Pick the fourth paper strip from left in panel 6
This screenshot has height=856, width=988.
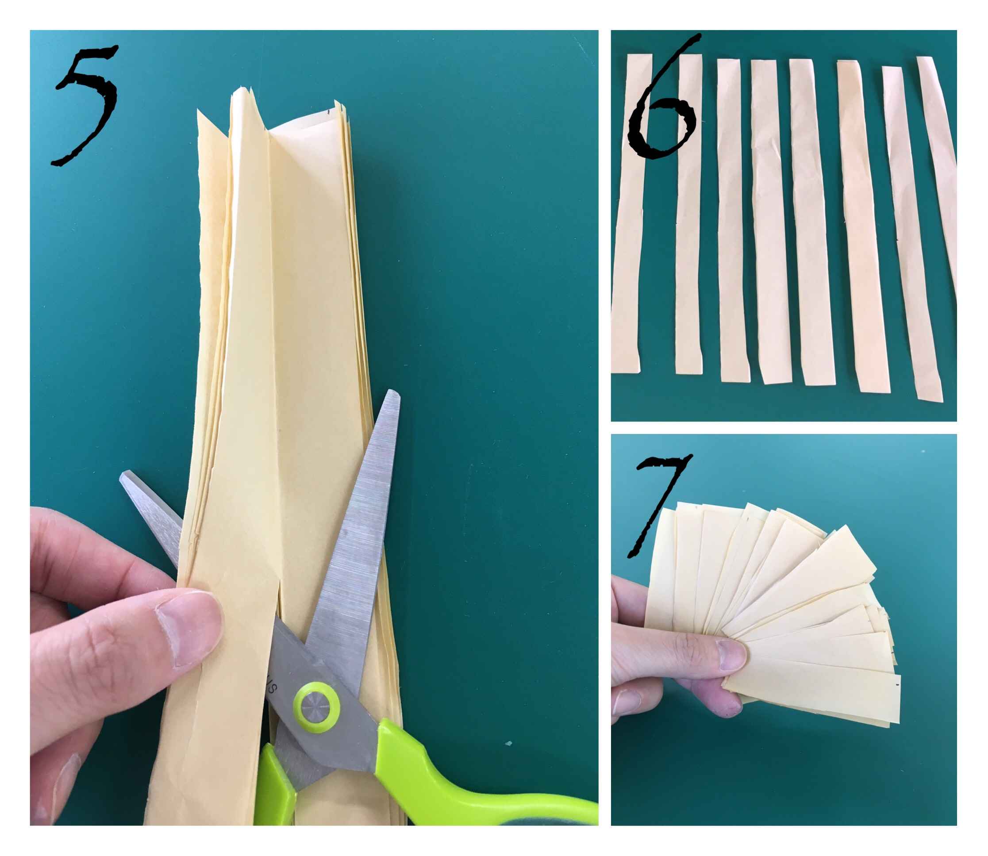(x=770, y=222)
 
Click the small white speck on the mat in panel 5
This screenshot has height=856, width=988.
(x=509, y=744)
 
